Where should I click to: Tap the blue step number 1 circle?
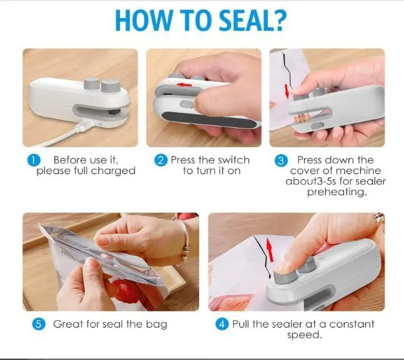pos(34,160)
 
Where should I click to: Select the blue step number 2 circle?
pos(160,160)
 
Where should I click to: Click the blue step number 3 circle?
pos(281,160)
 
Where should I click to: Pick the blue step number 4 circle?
pos(222,324)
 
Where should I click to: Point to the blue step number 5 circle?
pos(39,324)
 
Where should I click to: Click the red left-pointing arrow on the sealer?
pos(184,85)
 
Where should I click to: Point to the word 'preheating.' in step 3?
pos(337,192)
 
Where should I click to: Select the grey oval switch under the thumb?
pos(186,104)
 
